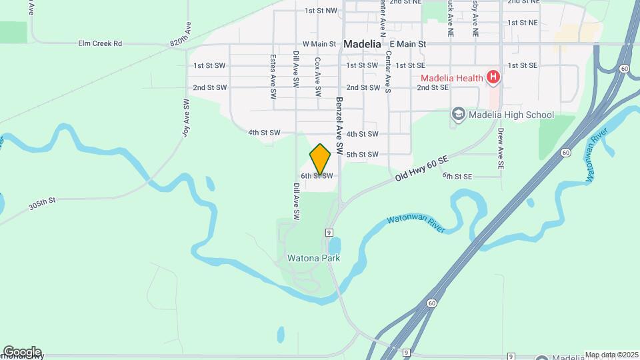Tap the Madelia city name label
(x=363, y=44)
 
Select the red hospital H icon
(x=493, y=78)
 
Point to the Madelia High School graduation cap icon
(x=458, y=115)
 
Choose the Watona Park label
(x=313, y=258)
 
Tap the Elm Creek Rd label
(x=100, y=44)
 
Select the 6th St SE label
(x=457, y=176)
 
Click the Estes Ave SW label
(x=273, y=77)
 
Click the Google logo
(x=22, y=351)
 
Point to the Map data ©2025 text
(x=611, y=355)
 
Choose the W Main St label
(x=319, y=44)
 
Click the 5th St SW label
(x=363, y=155)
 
